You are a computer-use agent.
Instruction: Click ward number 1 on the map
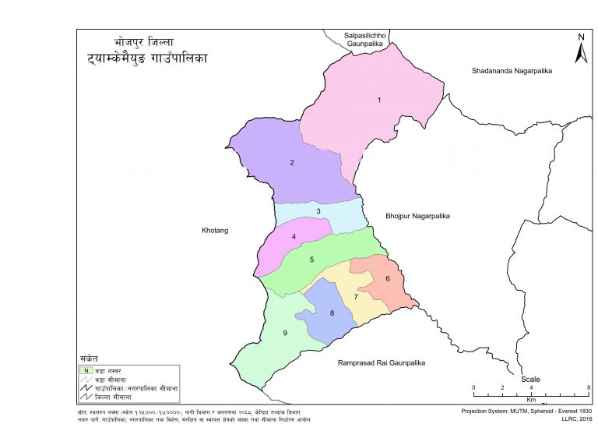(x=379, y=100)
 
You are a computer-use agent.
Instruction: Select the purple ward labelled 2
(x=291, y=163)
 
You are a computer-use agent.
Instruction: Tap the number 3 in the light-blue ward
(x=318, y=211)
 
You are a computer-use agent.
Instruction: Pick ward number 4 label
(x=294, y=237)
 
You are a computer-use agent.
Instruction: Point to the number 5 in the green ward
(x=311, y=260)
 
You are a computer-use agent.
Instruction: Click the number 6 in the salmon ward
(x=387, y=278)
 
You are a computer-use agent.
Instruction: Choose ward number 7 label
(x=356, y=297)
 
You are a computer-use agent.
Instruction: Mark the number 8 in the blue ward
(x=332, y=313)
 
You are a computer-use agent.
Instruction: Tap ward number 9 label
(x=286, y=334)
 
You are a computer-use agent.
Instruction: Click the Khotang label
(x=213, y=231)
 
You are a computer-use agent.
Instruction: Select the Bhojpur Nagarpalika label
(x=418, y=215)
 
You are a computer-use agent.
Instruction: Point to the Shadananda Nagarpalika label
(x=512, y=71)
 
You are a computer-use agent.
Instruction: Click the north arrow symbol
(x=580, y=49)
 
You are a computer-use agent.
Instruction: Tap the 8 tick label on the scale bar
(x=589, y=387)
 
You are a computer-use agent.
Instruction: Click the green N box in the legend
(x=86, y=369)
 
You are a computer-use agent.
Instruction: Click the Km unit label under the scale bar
(x=531, y=398)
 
